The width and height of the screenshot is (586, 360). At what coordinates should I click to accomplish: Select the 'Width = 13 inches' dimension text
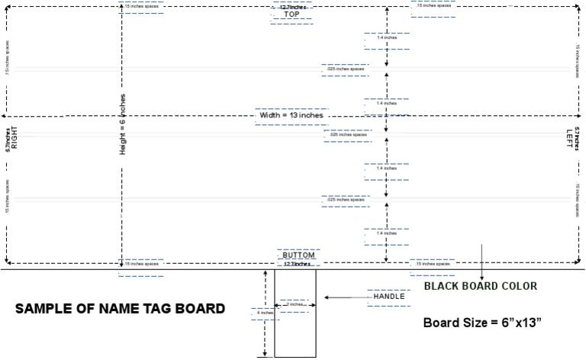291,115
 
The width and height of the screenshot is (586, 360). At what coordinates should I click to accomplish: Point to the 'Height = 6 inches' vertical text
122,125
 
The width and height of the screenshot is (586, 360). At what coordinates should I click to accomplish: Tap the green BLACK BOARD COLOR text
480,286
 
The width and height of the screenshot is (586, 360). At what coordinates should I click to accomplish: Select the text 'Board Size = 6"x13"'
482,323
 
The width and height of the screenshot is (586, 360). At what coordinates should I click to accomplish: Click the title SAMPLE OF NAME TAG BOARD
121,309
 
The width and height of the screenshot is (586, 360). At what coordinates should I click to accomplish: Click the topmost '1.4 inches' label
386,37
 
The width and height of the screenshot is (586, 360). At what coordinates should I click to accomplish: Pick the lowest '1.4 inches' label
386,233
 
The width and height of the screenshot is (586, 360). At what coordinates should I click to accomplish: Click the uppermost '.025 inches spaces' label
345,69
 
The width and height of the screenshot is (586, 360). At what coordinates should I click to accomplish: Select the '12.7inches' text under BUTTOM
297,264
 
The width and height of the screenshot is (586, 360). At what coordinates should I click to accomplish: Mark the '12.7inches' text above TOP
292,8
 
